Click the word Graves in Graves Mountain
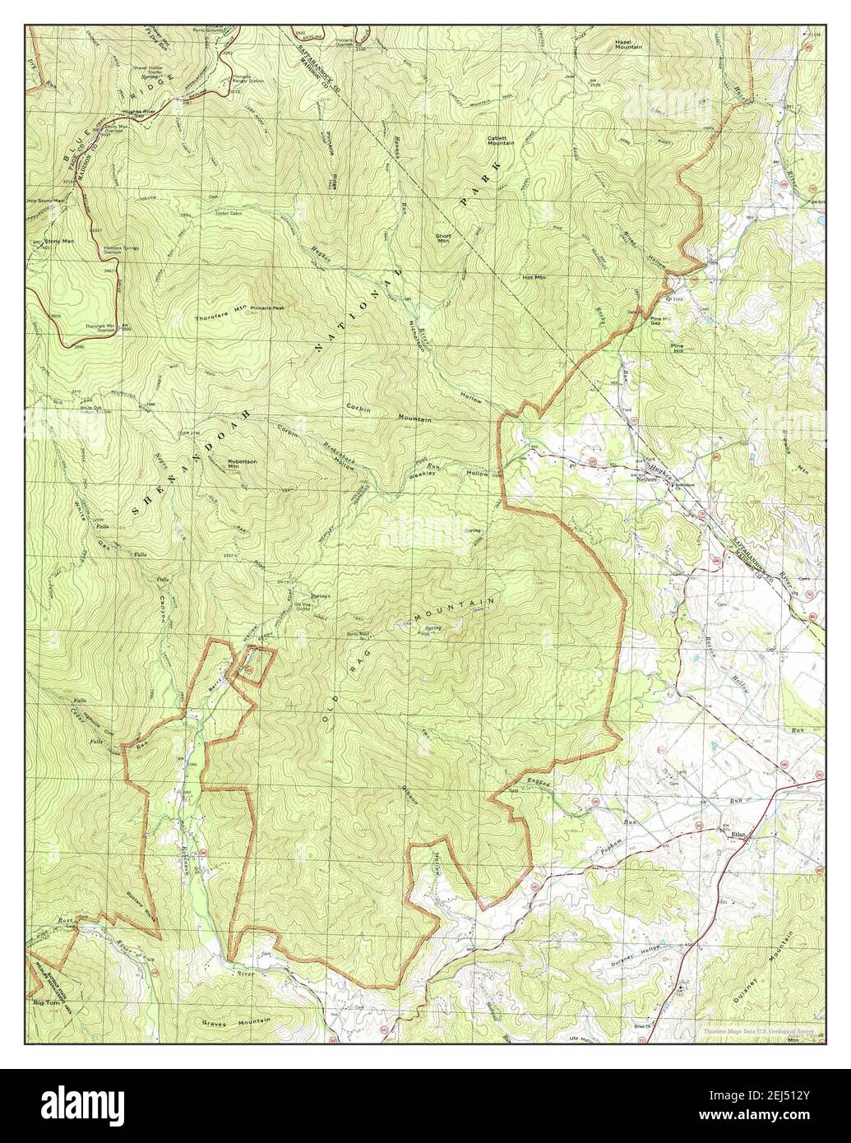pyautogui.click(x=217, y=1024)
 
